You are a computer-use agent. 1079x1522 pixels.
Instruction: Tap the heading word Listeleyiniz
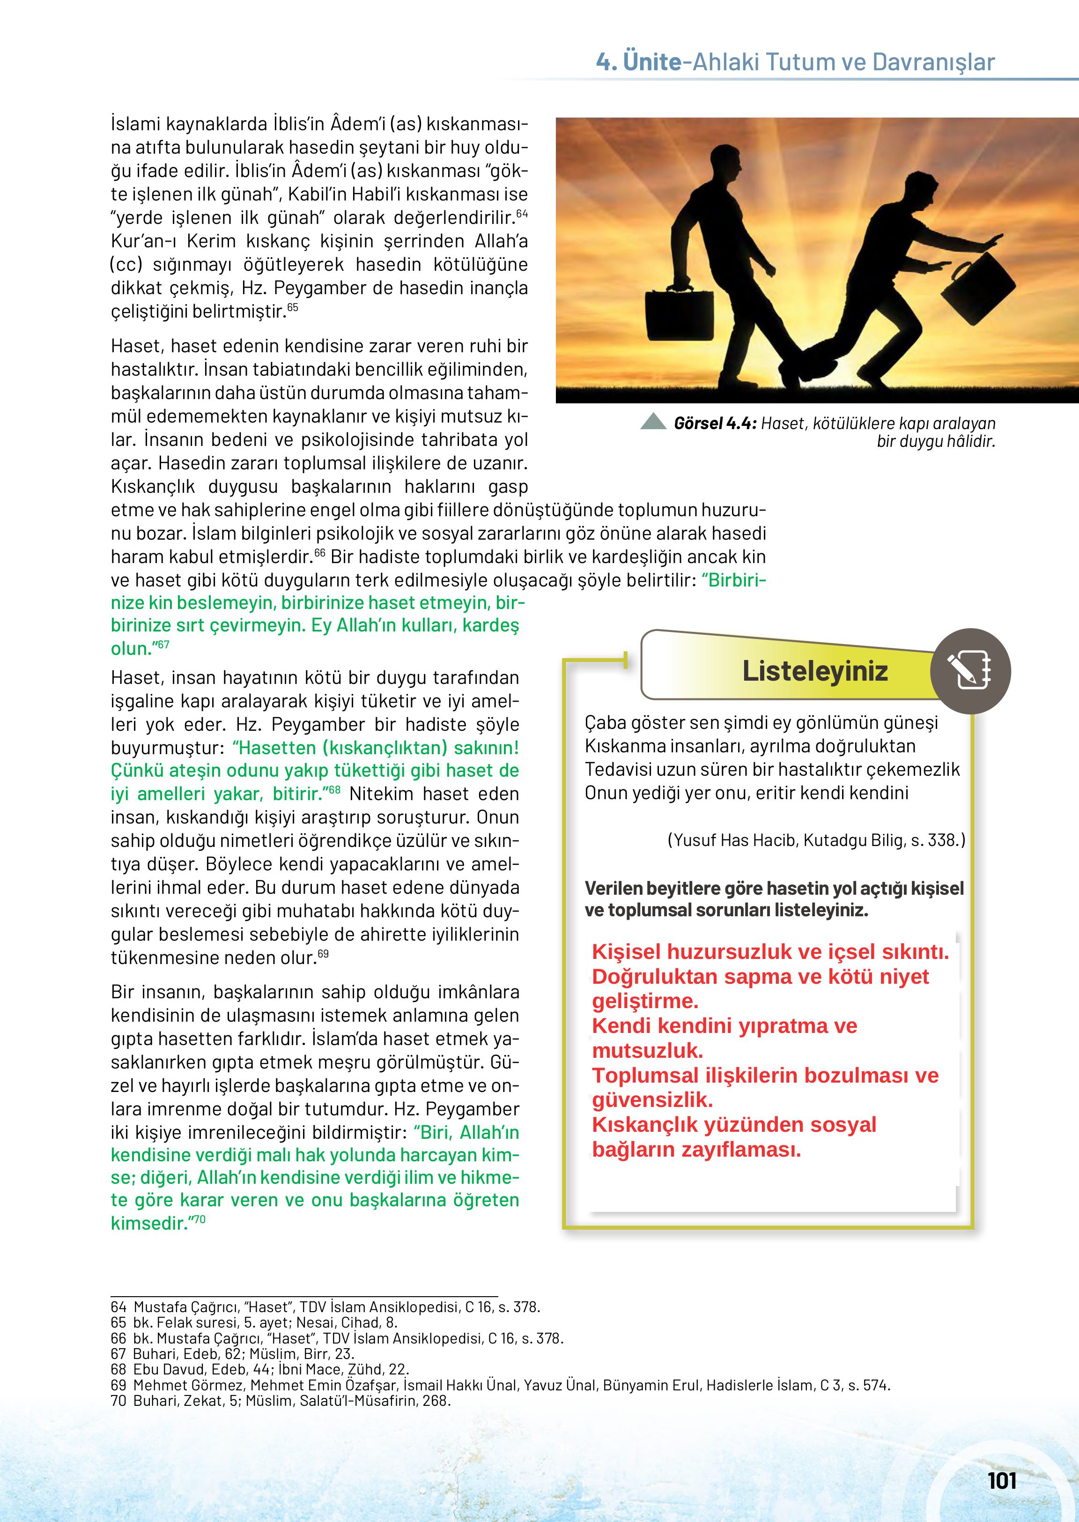[814, 671]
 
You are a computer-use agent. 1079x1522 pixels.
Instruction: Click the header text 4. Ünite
[638, 62]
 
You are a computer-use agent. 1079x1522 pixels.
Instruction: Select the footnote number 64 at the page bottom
[119, 1307]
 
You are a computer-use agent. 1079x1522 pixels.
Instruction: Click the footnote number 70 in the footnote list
[119, 1400]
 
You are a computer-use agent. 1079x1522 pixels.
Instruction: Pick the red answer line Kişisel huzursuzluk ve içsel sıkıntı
[770, 952]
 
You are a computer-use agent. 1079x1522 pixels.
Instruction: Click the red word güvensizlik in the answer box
[652, 1099]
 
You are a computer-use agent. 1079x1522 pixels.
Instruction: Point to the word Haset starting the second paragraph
[136, 346]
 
